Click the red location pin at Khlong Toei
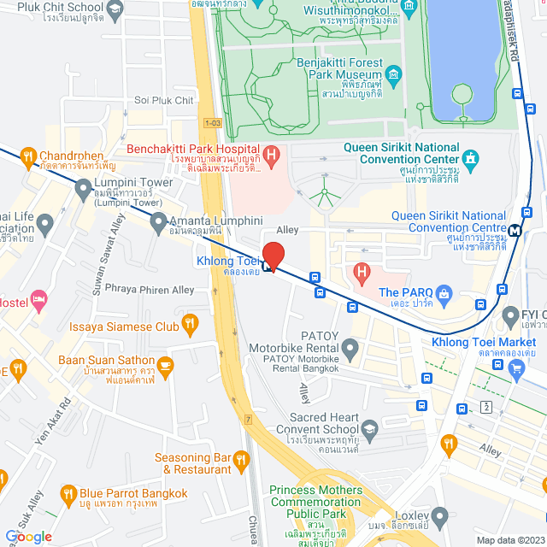273,255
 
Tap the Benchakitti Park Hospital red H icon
272,156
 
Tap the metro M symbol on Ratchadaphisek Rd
515,229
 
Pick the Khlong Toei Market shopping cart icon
515,368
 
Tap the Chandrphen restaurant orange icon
28,156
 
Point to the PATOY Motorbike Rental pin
350,348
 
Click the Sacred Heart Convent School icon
370,429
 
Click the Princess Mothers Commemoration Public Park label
315,503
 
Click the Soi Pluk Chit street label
164,100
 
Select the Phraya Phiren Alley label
148,290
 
